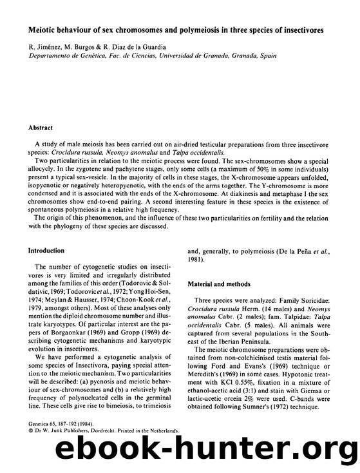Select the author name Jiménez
43,47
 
